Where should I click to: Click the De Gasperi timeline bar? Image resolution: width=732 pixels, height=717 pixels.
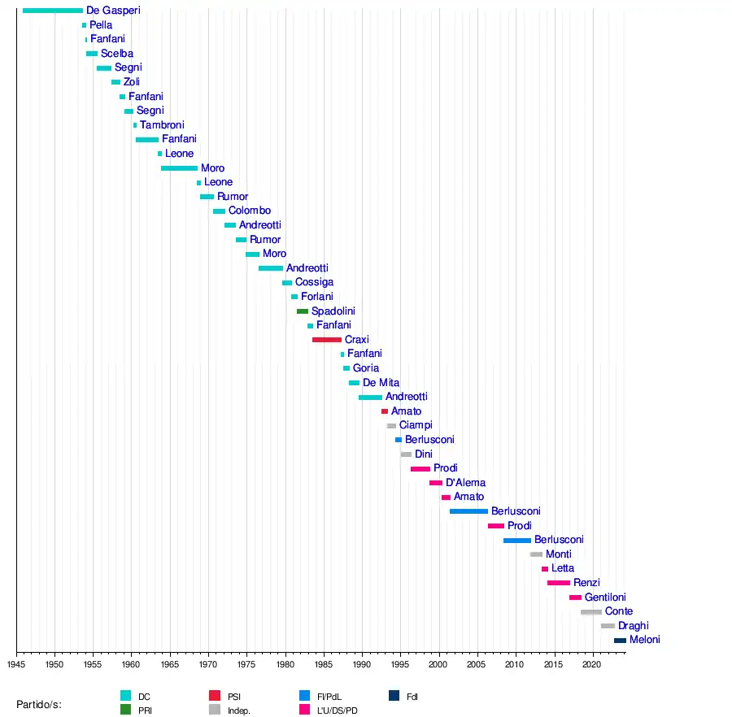coord(53,11)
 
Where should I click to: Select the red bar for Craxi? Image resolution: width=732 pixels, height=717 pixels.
coord(327,340)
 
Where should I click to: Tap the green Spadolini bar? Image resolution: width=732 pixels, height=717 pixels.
coord(303,311)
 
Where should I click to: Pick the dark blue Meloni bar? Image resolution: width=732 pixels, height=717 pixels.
coord(620,641)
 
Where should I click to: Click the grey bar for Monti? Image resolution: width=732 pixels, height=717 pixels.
coord(536,554)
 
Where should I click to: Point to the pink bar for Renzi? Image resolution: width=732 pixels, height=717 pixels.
coord(559,583)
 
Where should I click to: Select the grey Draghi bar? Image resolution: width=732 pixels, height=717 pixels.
coord(608,626)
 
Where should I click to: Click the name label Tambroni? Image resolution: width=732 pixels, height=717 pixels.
coord(162,125)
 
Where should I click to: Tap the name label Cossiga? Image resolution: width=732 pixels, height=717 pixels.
coord(314,282)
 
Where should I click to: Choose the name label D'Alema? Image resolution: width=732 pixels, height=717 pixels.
coord(465,483)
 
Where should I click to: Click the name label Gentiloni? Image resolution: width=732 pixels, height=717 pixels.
coord(604,597)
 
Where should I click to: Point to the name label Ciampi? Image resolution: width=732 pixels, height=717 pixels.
coord(416,425)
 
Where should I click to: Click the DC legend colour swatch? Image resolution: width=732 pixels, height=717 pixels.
coord(125,696)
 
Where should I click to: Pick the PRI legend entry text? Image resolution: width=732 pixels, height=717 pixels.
coord(145,710)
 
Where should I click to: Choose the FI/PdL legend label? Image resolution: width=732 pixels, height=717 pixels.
coord(331,697)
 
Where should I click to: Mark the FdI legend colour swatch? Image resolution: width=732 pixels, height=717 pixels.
coord(394,696)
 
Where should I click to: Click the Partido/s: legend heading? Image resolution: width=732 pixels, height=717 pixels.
coord(39,704)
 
